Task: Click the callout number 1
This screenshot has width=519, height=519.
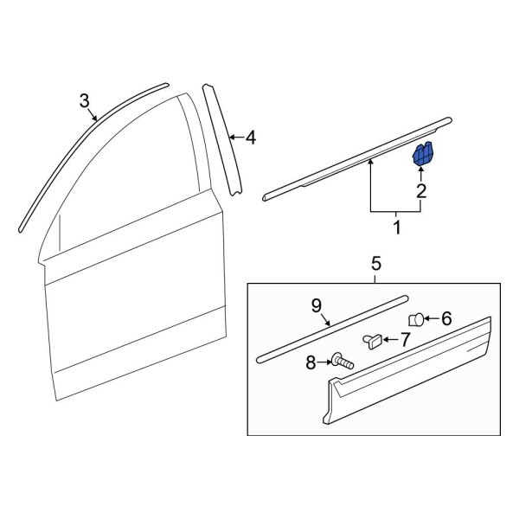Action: tap(397, 229)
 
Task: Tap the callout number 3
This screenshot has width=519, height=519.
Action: tap(84, 100)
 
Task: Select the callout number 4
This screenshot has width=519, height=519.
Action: tap(250, 137)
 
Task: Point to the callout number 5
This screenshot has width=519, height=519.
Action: tap(376, 263)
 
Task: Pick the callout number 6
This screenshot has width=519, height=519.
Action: tap(446, 318)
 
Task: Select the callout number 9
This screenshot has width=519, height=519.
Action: tap(317, 304)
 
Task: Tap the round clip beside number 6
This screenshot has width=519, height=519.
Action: tap(416, 319)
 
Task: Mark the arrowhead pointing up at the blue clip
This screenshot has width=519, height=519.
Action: tap(421, 172)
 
